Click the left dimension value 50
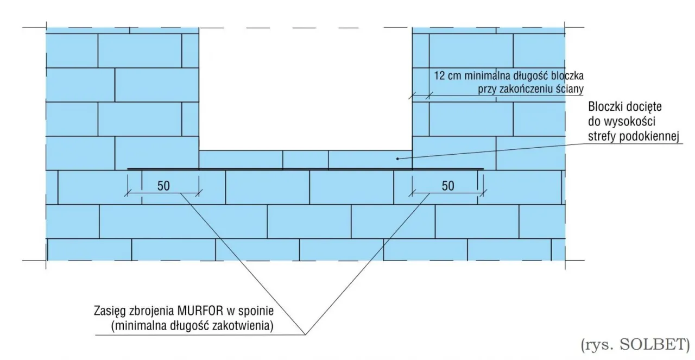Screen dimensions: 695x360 click(x=163, y=186)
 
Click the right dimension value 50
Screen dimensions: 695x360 click(x=448, y=186)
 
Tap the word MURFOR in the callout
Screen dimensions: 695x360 click(x=200, y=311)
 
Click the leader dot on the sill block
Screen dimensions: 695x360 click(x=397, y=159)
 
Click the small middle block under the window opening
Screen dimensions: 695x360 click(x=305, y=160)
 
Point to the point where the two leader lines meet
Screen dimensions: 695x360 click(x=305, y=334)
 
